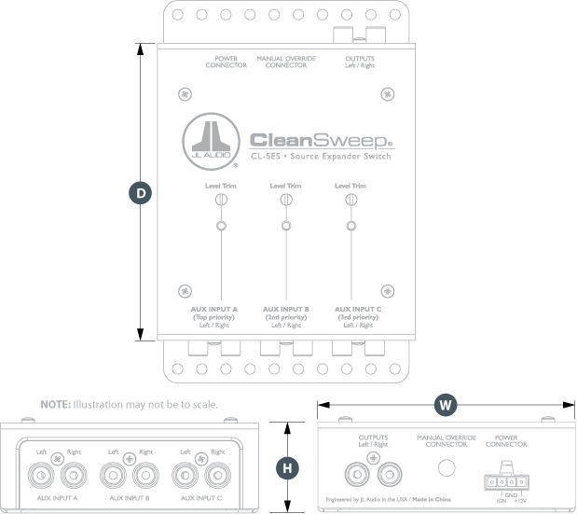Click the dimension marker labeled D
pos(141,192)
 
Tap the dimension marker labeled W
pos(446,405)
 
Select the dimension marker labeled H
pos(287,467)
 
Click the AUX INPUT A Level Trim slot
pos(221,200)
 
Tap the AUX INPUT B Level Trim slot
pos(285,200)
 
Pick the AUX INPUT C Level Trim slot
pos(350,200)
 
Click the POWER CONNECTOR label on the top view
pos(226,62)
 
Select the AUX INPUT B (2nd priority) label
pos(286,316)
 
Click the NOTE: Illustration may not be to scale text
pos(130,405)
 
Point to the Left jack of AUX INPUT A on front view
pos(43,476)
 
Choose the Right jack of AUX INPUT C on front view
pos(218,476)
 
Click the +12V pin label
pos(521,502)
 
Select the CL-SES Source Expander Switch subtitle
pos(321,157)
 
